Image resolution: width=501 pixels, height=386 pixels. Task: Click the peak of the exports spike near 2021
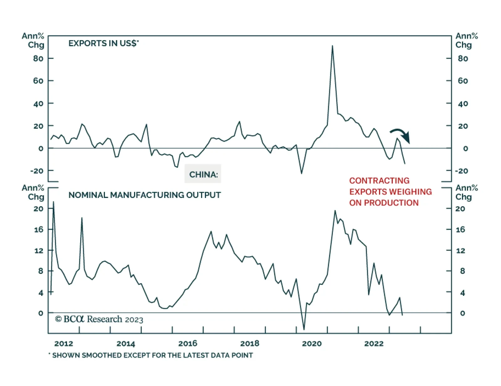pyautogui.click(x=332, y=46)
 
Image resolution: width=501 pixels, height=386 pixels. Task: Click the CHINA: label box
pyautogui.click(x=203, y=174)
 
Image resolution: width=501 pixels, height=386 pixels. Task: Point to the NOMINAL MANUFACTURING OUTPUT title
pyautogui.click(x=144, y=195)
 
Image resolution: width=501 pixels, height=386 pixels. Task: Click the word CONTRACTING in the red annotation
pyautogui.click(x=379, y=180)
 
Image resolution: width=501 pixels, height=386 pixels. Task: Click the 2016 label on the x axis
pyautogui.click(x=188, y=343)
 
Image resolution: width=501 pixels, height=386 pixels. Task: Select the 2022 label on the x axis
pyautogui.click(x=374, y=343)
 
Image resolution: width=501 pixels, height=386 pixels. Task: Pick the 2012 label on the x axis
pyautogui.click(x=64, y=343)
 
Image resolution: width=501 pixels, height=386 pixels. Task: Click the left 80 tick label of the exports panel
pyautogui.click(x=38, y=58)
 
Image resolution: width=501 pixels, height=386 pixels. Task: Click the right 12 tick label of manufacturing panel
pyautogui.click(x=460, y=250)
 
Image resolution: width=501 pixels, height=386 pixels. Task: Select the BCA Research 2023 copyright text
pyautogui.click(x=99, y=319)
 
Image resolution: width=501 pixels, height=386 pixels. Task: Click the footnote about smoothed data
pyautogui.click(x=151, y=355)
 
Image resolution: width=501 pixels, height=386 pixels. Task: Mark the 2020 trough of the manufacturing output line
pyautogui.click(x=304, y=329)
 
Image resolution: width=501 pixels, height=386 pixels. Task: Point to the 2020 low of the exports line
pyautogui.click(x=302, y=173)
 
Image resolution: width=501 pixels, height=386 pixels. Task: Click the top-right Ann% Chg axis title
pyautogui.click(x=466, y=40)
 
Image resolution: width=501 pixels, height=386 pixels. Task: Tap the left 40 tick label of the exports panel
pyautogui.click(x=38, y=103)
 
